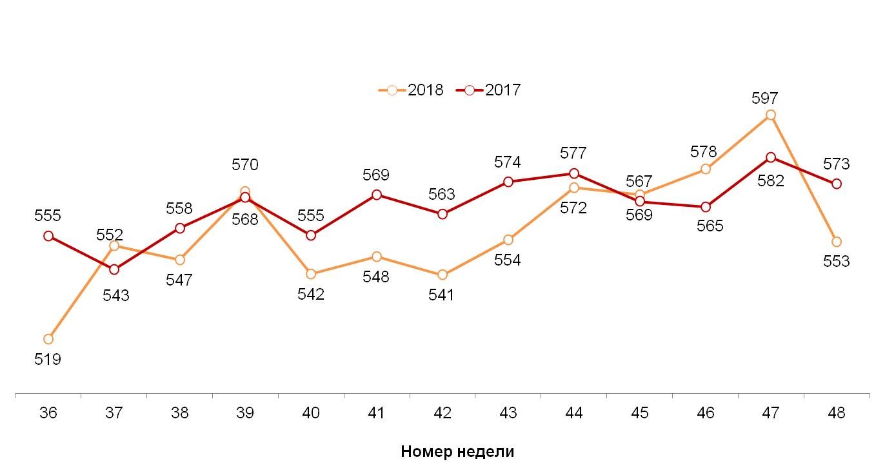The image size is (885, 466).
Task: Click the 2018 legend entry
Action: pos(412,90)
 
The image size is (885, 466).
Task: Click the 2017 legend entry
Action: pos(489,90)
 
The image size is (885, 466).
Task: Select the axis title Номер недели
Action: pos(457,451)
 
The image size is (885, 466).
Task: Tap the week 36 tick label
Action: pos(48,413)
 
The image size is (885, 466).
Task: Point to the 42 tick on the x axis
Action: pos(442,413)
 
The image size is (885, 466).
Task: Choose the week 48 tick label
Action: pos(836,413)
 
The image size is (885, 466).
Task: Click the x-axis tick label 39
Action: pos(245,413)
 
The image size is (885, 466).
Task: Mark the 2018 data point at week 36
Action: pos(48,339)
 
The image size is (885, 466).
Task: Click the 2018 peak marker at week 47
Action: pos(770,115)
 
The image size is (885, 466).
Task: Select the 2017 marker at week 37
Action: pos(114,269)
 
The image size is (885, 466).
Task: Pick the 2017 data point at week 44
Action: pos(573,173)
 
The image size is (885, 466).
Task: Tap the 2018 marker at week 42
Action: pos(442,275)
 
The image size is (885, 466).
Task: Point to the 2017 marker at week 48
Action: pos(837,184)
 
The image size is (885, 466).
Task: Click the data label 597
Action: pos(765,99)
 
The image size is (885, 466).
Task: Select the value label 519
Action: pos(48,360)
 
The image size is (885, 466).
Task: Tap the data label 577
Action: pos(573,153)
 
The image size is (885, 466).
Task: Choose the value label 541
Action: pos(442,295)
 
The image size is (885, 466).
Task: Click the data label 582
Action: pos(771,181)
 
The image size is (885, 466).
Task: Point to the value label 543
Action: pos(116,296)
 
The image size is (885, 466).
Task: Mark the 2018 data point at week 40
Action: pos(311,274)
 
